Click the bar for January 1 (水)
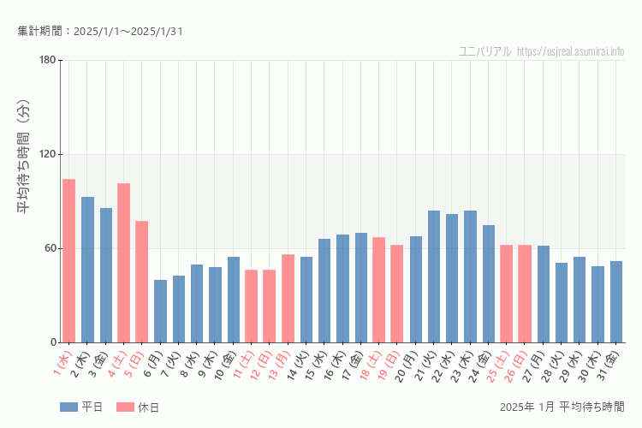pos(68,261)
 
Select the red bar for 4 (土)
pos(123,263)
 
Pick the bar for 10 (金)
pos(233,300)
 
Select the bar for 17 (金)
pos(361,288)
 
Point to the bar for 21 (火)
pos(434,276)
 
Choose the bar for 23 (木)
pos(470,276)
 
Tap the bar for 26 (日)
pos(525,294)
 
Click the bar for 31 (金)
pos(616,301)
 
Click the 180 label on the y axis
pos(47,60)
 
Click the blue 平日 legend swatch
pos(69,407)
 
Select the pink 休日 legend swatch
pos(126,407)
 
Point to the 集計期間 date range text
pos(100,32)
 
